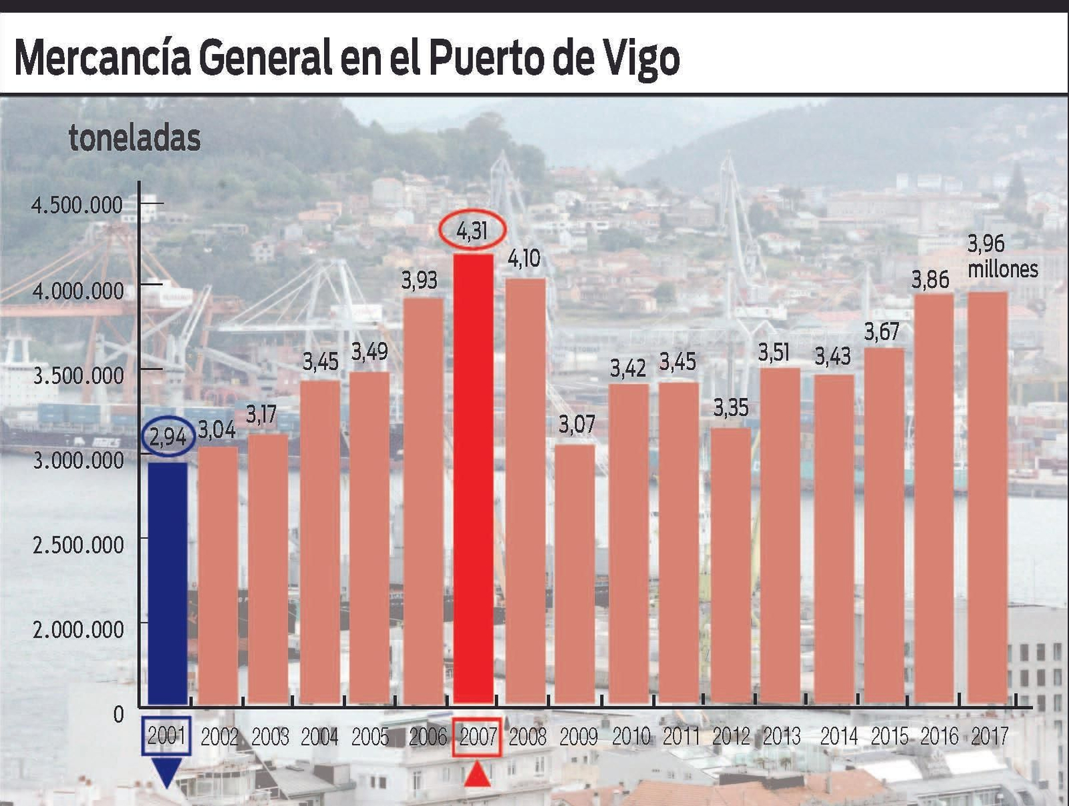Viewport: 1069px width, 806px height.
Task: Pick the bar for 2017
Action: (987, 497)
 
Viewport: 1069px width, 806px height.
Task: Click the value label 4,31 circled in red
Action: (472, 230)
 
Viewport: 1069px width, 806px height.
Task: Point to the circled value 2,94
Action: (168, 437)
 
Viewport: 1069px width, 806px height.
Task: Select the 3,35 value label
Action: (730, 408)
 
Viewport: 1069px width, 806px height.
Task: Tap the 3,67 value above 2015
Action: (882, 332)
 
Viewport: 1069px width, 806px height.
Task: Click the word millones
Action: (1003, 269)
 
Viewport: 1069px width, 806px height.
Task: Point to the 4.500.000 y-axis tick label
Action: (78, 205)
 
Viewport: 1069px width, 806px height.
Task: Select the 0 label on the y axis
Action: (118, 715)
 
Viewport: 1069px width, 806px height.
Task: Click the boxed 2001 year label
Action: (166, 737)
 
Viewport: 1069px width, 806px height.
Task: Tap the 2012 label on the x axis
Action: (731, 737)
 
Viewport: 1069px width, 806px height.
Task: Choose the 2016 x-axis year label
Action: (939, 737)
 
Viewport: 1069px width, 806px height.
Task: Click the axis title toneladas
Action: (134, 138)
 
